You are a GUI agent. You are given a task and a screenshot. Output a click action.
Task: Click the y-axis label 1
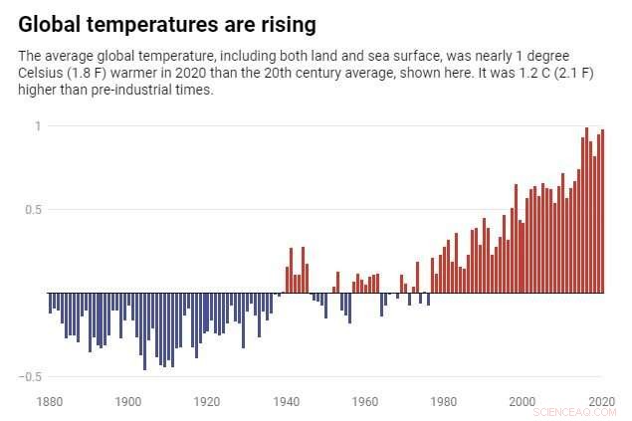click(x=38, y=125)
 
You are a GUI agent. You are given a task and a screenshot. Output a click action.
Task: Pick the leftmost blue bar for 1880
click(x=50, y=304)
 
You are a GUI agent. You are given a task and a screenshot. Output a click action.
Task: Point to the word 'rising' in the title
click(x=284, y=22)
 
